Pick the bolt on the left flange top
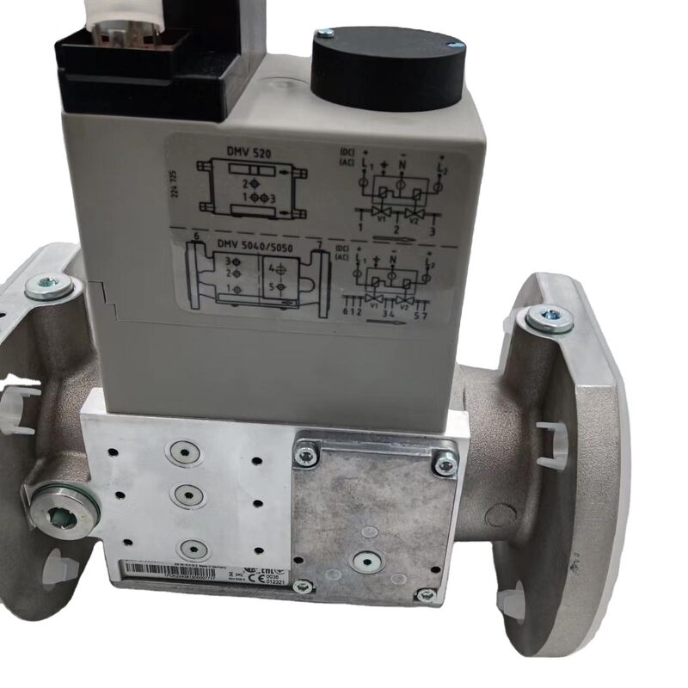[49, 286]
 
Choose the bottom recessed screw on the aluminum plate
[192, 548]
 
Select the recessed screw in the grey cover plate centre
[364, 561]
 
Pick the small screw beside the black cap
[324, 33]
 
